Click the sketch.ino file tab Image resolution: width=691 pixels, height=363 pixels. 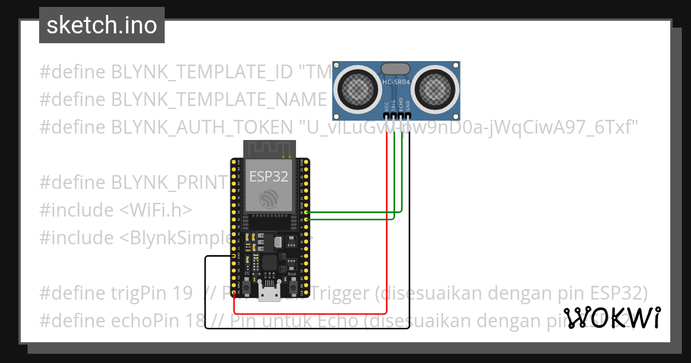coord(101,25)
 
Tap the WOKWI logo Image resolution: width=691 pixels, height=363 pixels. coord(612,317)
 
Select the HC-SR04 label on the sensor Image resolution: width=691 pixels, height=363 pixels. coord(396,82)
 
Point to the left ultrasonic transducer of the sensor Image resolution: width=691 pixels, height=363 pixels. coord(359,87)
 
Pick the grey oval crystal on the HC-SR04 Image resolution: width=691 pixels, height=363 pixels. coord(396,69)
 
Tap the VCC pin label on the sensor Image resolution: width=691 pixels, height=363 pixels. coord(386,106)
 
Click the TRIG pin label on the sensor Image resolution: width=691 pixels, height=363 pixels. coord(394,106)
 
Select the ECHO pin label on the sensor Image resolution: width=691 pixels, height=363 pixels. coord(401,106)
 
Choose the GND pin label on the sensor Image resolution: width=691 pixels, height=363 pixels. coord(408,106)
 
